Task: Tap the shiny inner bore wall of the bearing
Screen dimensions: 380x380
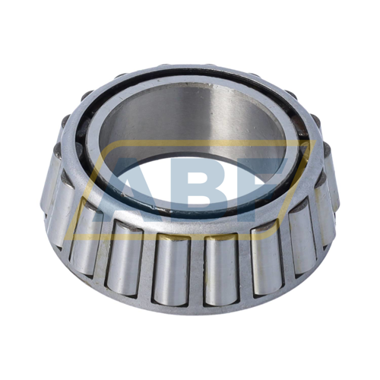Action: tap(190, 122)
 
